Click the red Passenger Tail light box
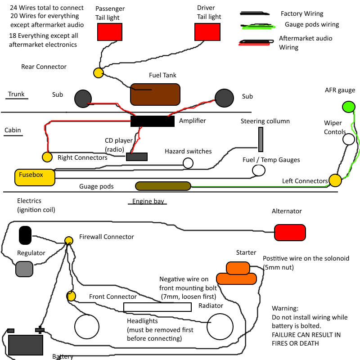(x=110, y=32)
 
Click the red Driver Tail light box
(x=207, y=32)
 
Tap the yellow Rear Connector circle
(x=99, y=73)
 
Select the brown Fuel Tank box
(x=155, y=94)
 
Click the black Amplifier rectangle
(x=152, y=121)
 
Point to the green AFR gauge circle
(x=348, y=107)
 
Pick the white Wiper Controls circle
(x=349, y=139)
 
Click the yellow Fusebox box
(x=35, y=177)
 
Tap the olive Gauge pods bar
(x=163, y=186)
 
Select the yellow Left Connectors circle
(x=335, y=181)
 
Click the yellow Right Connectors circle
(x=47, y=157)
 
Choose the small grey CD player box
(x=137, y=157)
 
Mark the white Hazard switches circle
(x=188, y=163)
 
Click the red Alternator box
(x=290, y=233)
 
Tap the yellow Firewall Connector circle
(x=69, y=240)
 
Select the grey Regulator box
(x=24, y=269)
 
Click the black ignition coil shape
(x=25, y=235)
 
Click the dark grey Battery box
(x=26, y=344)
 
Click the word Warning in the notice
(x=285, y=309)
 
